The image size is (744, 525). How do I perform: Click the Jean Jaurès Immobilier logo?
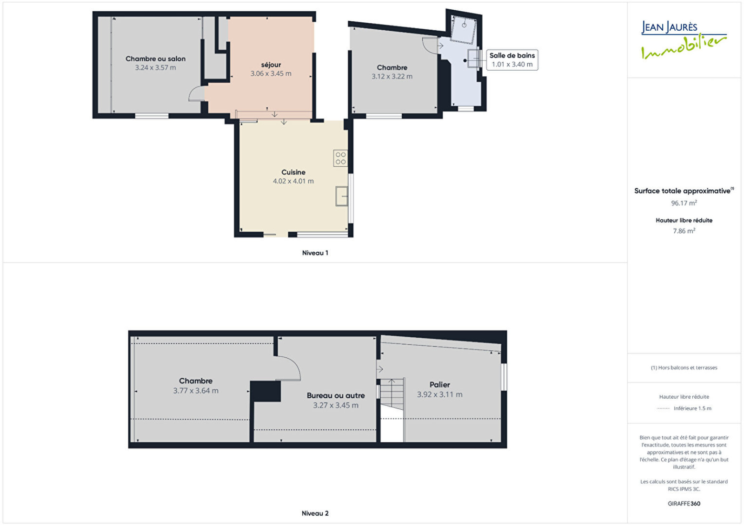[684, 40]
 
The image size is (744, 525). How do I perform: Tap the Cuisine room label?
[293, 172]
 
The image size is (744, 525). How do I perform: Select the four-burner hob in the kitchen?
[340, 158]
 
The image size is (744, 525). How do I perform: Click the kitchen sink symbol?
[342, 196]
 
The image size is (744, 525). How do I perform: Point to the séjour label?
[271, 65]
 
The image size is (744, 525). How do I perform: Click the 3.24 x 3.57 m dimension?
[155, 68]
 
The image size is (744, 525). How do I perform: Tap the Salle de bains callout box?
[512, 60]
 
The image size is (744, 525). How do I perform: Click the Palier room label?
[440, 385]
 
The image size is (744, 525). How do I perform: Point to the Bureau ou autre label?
[336, 395]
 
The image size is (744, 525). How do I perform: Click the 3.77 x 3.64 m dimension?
[196, 391]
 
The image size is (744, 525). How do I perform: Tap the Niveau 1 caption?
[315, 253]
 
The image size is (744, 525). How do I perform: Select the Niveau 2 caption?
[315, 513]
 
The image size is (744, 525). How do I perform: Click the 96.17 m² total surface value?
[684, 203]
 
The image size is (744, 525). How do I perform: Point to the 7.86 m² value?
[684, 230]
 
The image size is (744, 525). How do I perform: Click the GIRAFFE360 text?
[684, 504]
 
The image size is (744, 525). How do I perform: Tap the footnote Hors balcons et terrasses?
[684, 367]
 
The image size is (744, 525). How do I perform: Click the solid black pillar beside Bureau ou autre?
[266, 391]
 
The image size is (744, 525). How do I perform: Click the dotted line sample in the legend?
[663, 408]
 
